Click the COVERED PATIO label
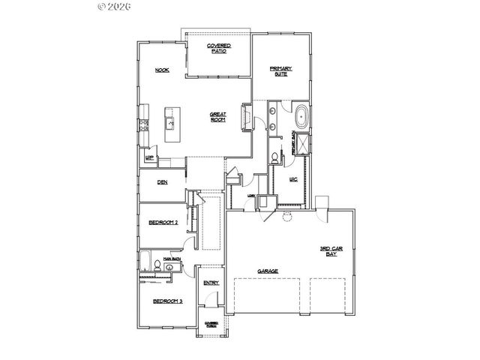pyautogui.click(x=219, y=48)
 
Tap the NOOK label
pyautogui.click(x=161, y=70)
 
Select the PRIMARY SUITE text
pyautogui.click(x=281, y=72)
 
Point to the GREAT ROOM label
pyautogui.click(x=218, y=118)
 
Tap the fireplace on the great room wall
pyautogui.click(x=244, y=118)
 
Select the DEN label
pyautogui.click(x=161, y=181)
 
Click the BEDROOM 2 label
pyautogui.click(x=162, y=223)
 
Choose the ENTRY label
pyautogui.click(x=211, y=282)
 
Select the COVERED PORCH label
pyautogui.click(x=211, y=325)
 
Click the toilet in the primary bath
pyautogui.click(x=274, y=157)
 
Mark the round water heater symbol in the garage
pyautogui.click(x=286, y=220)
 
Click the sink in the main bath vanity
pyautogui.click(x=170, y=265)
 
